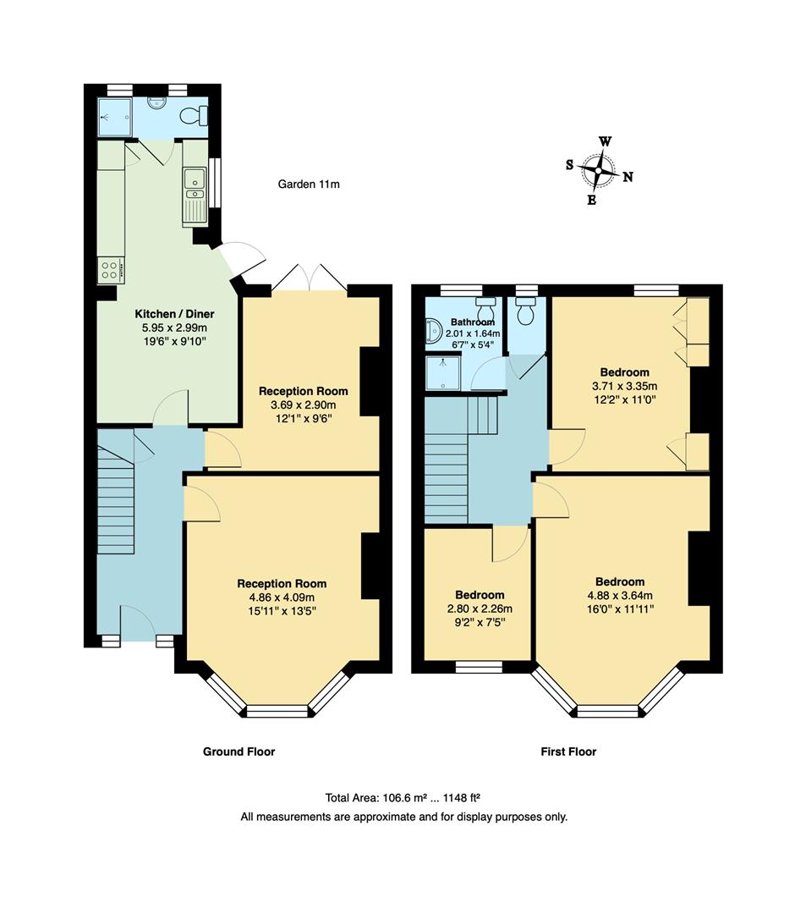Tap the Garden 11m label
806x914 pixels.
[309, 184]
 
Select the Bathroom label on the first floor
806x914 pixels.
[472, 322]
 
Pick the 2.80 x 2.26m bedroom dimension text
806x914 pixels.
[480, 608]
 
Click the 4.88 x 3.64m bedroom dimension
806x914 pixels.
[620, 595]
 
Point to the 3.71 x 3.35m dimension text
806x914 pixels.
[624, 386]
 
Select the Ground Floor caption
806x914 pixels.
[239, 752]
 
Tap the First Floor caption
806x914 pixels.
[568, 752]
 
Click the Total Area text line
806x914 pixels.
[403, 798]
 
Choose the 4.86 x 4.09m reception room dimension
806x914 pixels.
[282, 597]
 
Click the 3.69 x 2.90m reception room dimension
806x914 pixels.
[303, 405]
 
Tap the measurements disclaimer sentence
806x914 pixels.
[403, 817]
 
